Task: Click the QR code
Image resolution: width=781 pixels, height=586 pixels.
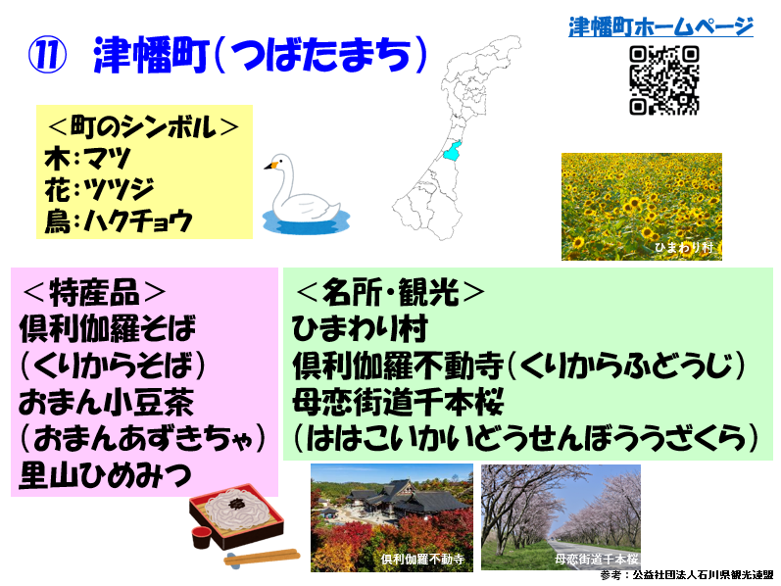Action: (664, 80)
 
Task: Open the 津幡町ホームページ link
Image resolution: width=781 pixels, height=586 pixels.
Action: (660, 26)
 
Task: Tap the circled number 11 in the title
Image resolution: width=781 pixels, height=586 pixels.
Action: (47, 55)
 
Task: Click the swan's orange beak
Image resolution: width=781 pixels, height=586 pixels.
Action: (270, 165)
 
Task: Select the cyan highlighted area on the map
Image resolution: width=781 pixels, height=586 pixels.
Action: (452, 150)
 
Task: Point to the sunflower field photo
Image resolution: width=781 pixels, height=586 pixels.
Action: (642, 207)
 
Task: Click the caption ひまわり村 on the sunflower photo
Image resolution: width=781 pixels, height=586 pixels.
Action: (683, 247)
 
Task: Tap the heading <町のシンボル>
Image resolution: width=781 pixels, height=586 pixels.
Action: (143, 126)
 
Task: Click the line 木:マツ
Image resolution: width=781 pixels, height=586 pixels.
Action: (87, 158)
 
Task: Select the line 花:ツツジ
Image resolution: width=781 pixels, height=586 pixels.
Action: (99, 189)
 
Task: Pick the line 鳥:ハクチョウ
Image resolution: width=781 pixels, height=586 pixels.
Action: (118, 220)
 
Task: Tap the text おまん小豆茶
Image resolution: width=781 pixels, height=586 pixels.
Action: (106, 403)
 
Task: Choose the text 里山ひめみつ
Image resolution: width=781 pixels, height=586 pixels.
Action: (105, 475)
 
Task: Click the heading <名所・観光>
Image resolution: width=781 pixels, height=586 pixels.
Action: (390, 292)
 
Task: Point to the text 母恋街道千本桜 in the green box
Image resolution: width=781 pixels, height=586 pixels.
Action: (399, 403)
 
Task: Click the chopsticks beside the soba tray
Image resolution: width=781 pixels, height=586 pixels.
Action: (262, 557)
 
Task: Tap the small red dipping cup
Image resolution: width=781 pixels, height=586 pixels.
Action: (202, 537)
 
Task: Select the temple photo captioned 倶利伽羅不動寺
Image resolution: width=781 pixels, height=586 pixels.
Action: (392, 517)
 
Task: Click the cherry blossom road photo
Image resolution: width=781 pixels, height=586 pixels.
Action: (561, 517)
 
